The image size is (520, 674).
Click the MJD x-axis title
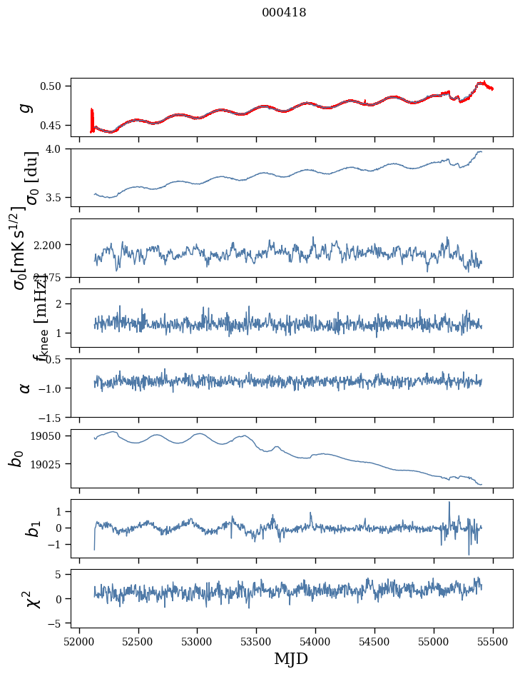291,659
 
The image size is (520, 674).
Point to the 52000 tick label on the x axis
79,642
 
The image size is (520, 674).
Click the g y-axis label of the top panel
26,107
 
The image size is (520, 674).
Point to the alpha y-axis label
26,388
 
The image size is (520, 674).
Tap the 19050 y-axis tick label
49,436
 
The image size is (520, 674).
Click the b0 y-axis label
17,458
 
